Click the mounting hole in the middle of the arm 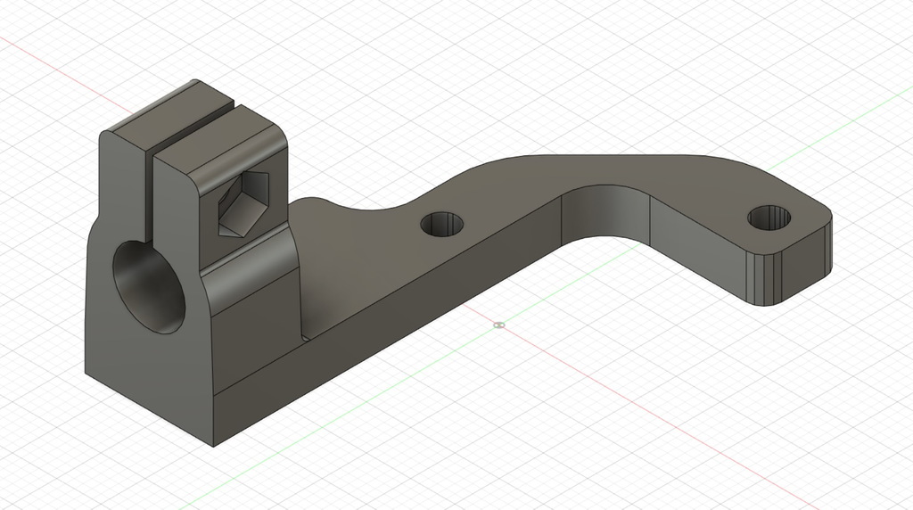coord(442,225)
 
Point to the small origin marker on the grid coord(498,325)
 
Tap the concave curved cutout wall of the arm coord(606,214)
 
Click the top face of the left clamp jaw coord(165,110)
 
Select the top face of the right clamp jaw coord(223,143)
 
